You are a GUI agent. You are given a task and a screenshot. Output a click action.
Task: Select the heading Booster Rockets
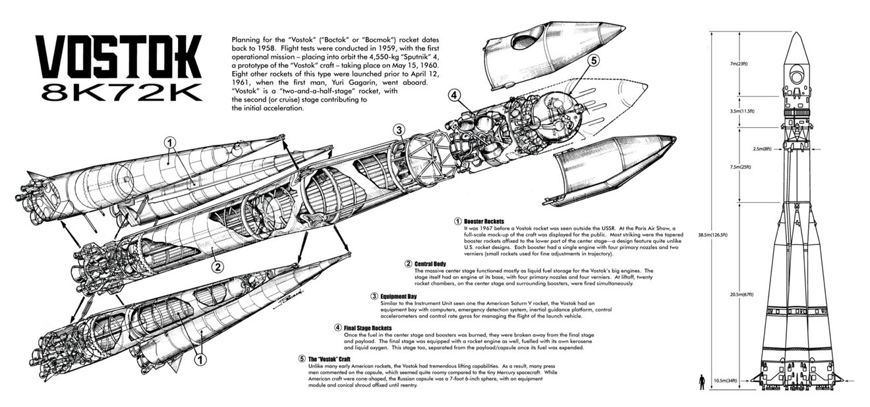(484, 221)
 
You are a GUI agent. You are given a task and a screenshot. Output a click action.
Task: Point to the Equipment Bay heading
(401, 296)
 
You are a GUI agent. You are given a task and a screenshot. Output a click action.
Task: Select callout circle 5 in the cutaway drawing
(594, 61)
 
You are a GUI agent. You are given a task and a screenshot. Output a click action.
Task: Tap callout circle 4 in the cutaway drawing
(454, 94)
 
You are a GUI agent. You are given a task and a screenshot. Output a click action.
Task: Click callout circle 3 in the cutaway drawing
(399, 129)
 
